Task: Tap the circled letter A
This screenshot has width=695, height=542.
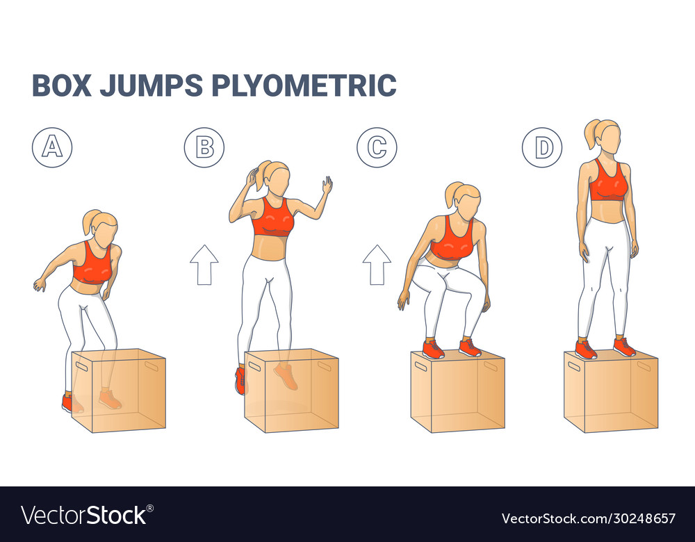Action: pos(51,147)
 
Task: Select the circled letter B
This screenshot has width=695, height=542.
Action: pos(204,147)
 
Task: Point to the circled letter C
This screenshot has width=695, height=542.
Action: pos(377,147)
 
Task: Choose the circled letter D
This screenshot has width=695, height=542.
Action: pos(543,147)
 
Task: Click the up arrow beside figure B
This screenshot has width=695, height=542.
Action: pos(204,265)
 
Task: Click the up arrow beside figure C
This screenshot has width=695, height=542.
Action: pos(377,265)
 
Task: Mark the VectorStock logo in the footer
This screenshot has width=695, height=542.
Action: pos(83,515)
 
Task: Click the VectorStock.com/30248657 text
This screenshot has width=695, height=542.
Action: pos(587,518)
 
